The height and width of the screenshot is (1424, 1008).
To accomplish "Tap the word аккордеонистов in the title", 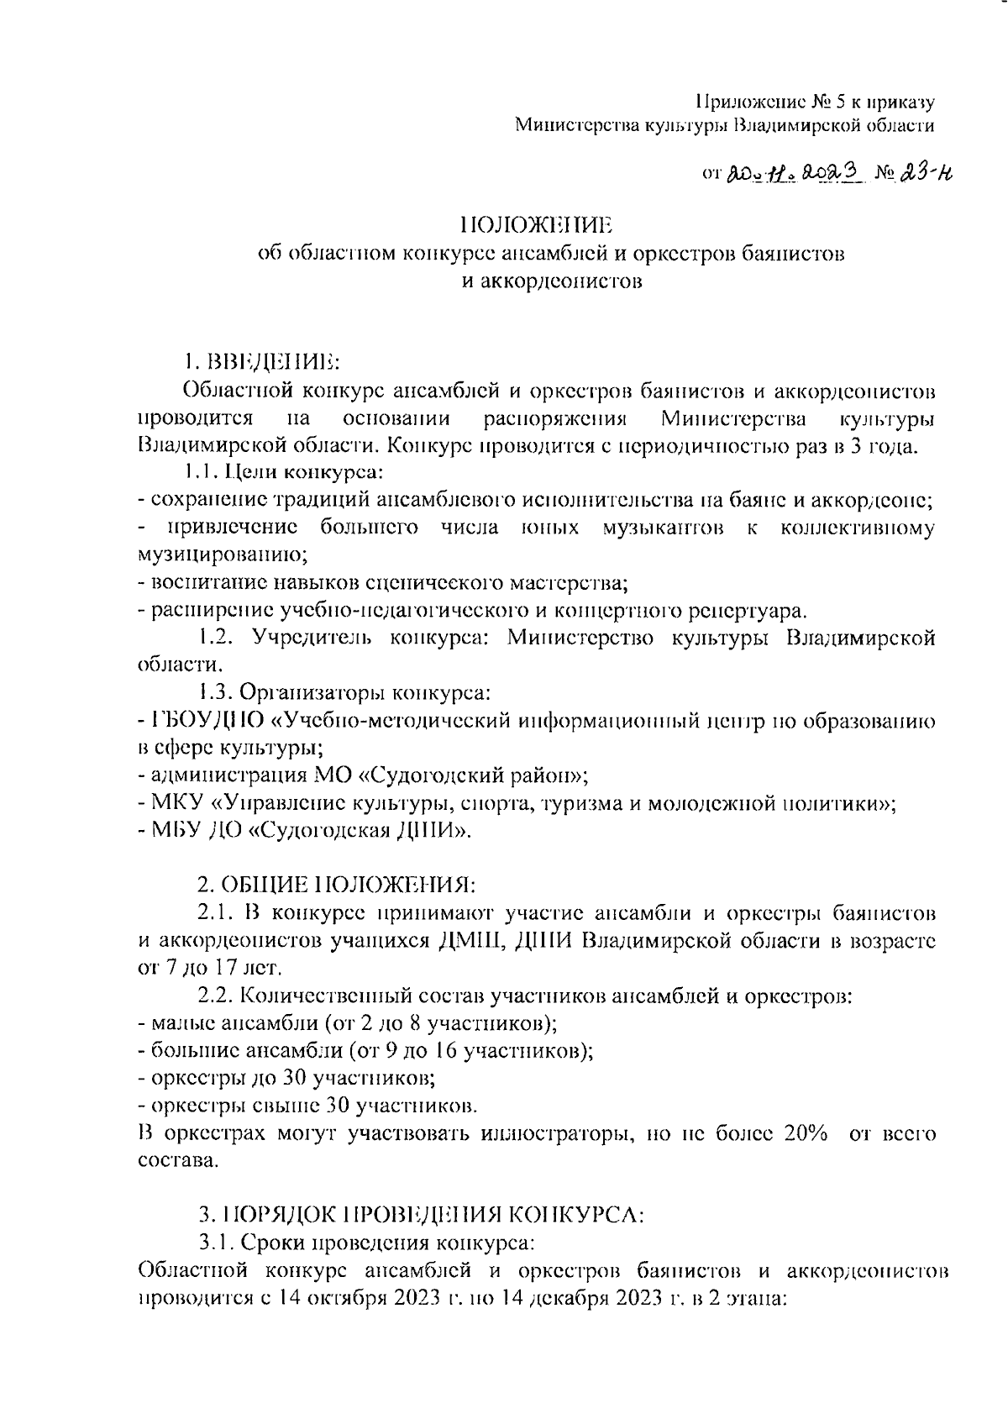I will tap(553, 281).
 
